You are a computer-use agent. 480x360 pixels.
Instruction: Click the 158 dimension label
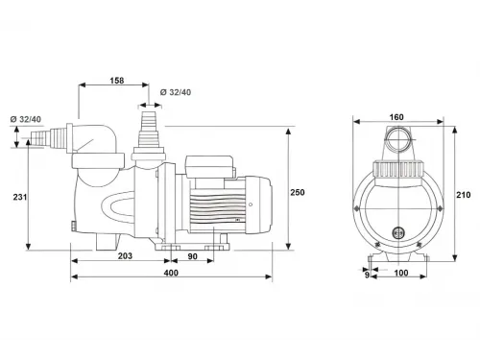[117, 81]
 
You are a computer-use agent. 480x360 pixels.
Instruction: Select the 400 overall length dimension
[171, 273]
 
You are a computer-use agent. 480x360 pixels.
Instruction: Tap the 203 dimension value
[125, 256]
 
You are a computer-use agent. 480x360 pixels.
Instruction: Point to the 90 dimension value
[192, 256]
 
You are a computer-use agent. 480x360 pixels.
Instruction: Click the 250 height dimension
[298, 192]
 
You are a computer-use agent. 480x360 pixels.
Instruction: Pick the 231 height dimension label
[20, 197]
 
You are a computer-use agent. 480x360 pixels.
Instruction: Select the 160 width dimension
[396, 117]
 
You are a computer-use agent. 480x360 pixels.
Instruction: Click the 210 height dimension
[464, 195]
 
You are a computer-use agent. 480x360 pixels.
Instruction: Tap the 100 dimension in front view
[401, 273]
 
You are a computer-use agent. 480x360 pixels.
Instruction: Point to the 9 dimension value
[367, 275]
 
